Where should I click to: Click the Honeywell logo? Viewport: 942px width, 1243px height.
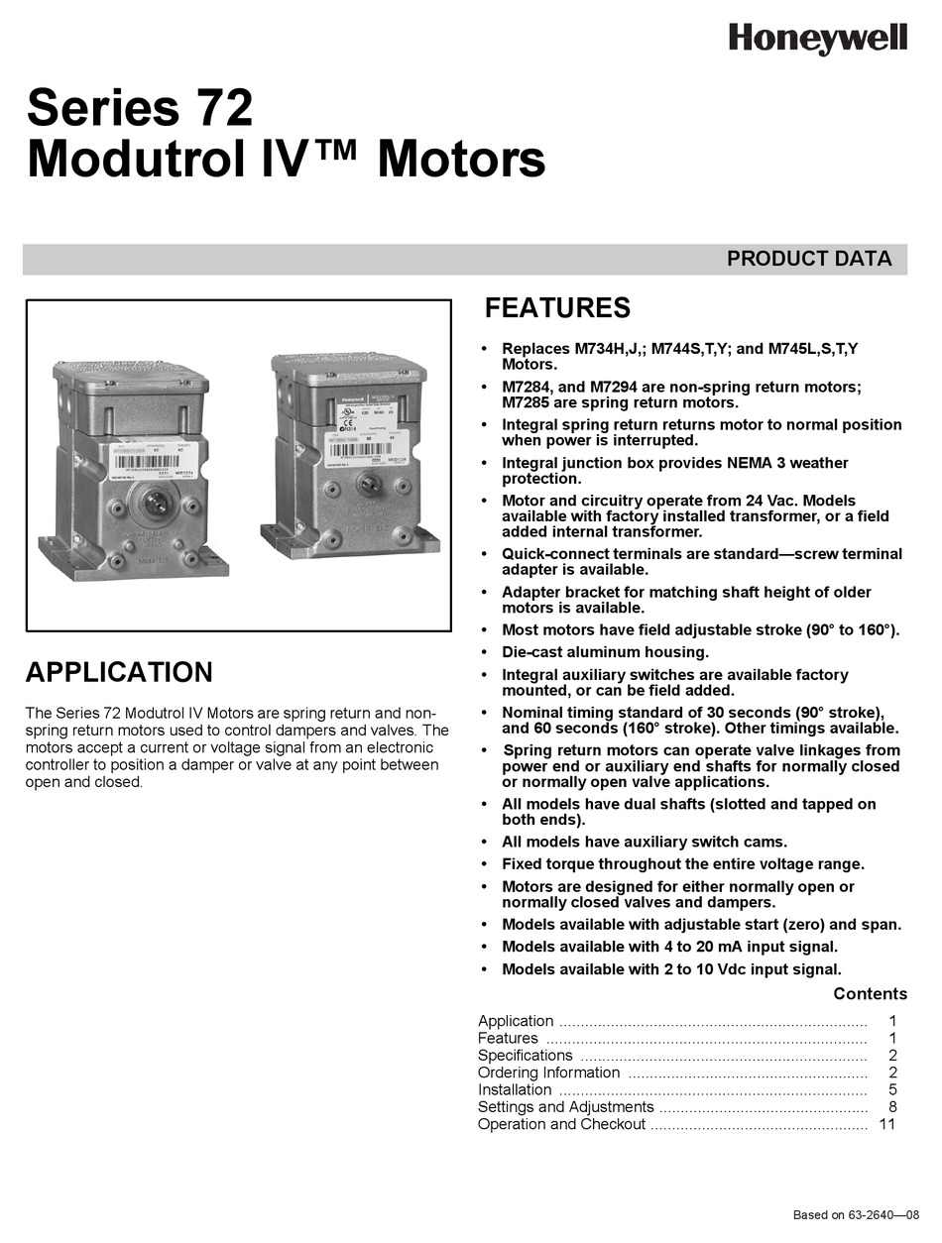[817, 39]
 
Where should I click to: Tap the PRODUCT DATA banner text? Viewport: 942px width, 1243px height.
[808, 259]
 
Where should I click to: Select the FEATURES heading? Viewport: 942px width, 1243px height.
[556, 308]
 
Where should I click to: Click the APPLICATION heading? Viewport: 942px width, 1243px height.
[119, 672]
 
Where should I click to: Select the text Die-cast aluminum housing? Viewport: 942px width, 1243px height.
[605, 652]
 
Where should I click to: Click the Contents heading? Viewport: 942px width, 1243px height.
[870, 993]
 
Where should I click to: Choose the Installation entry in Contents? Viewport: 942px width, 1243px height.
[515, 1089]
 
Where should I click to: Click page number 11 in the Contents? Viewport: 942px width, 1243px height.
[886, 1124]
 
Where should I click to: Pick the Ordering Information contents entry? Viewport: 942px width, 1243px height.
[548, 1073]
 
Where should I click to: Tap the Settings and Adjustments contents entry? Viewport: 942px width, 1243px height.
[565, 1107]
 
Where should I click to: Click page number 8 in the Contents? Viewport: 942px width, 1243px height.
[892, 1107]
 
